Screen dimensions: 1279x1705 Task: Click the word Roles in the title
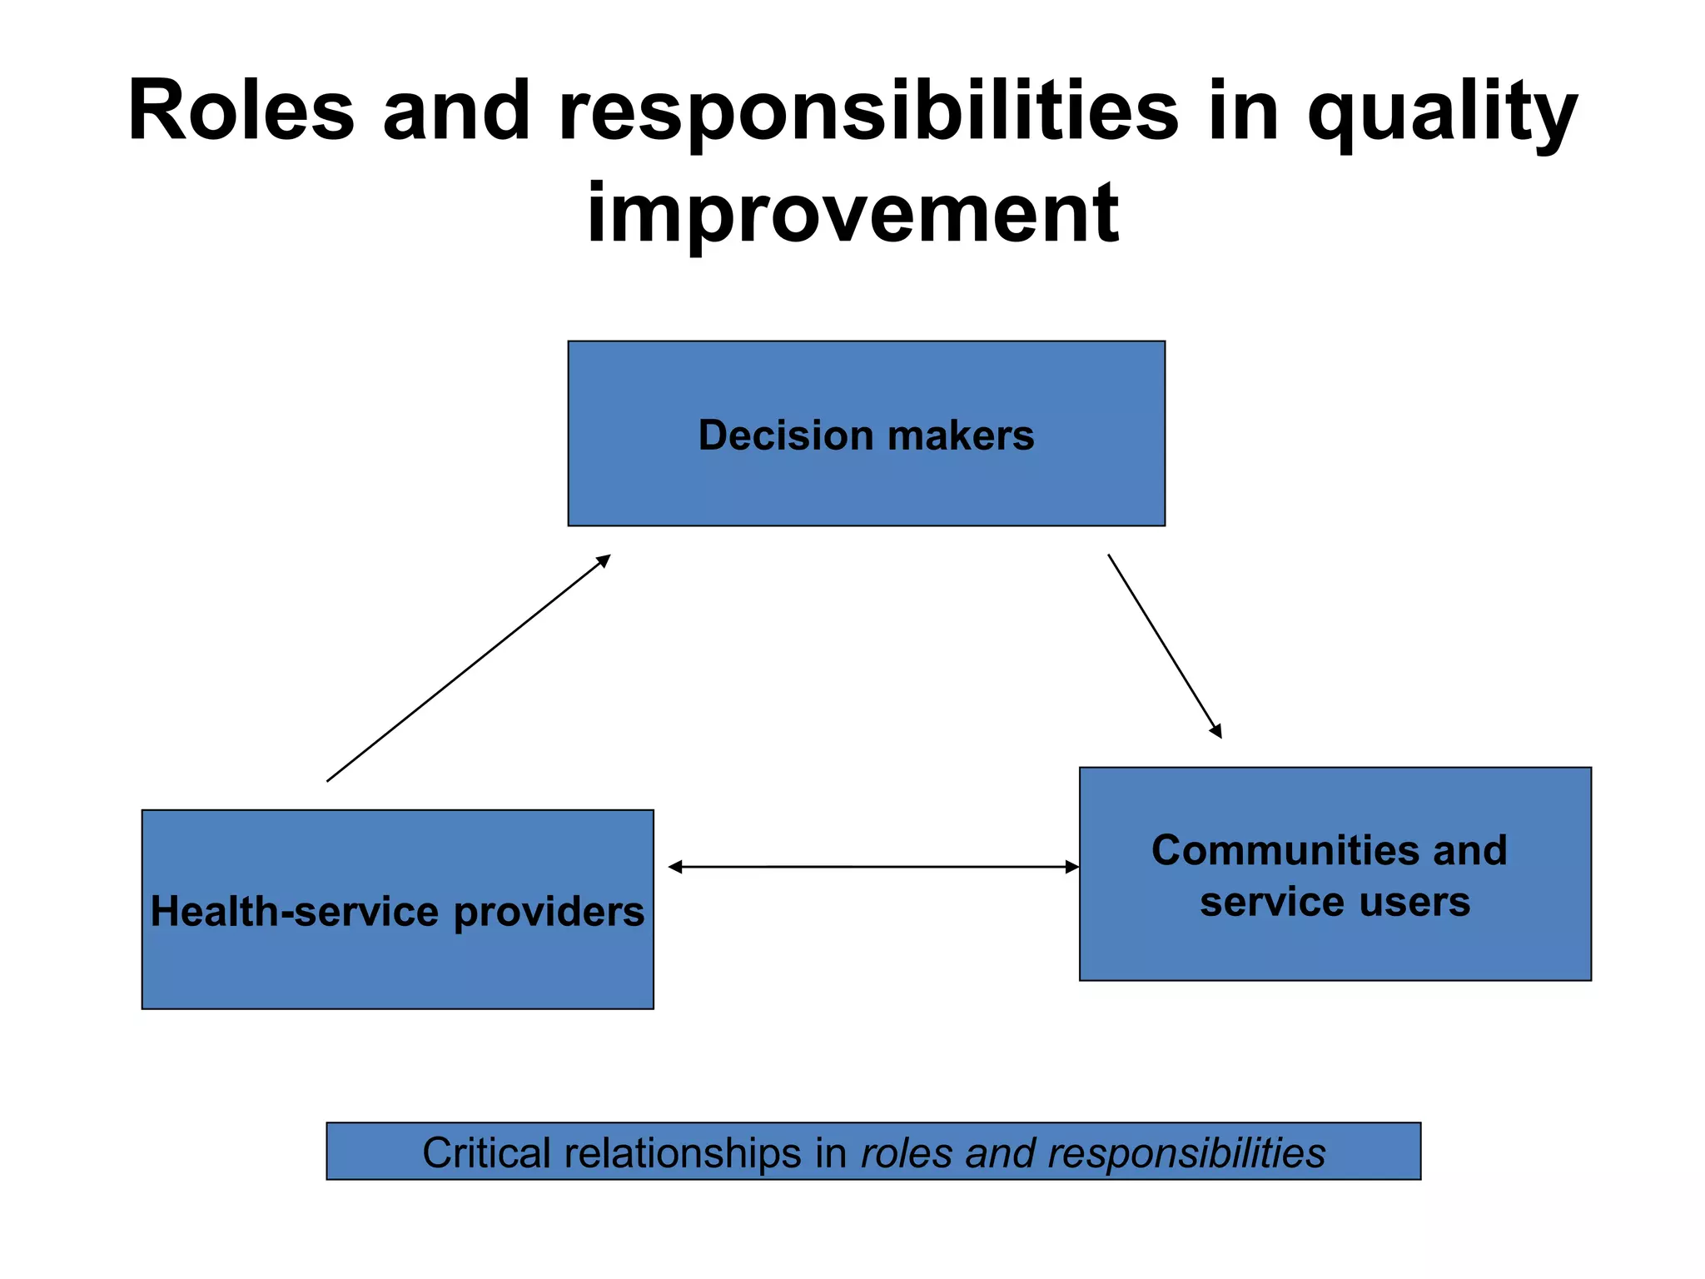coord(241,112)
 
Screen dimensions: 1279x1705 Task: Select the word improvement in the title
coord(852,213)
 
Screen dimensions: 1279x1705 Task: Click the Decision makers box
coord(866,483)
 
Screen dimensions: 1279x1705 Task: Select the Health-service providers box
coord(397,966)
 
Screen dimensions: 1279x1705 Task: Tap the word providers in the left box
coord(549,913)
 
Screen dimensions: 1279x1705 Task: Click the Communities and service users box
coord(1335,941)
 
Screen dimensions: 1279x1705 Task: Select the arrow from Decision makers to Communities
coord(1164,645)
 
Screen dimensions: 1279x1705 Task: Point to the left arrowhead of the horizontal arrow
coord(675,867)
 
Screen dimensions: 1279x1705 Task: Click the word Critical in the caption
coord(486,1153)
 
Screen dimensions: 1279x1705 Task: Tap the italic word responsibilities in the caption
coord(1186,1153)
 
